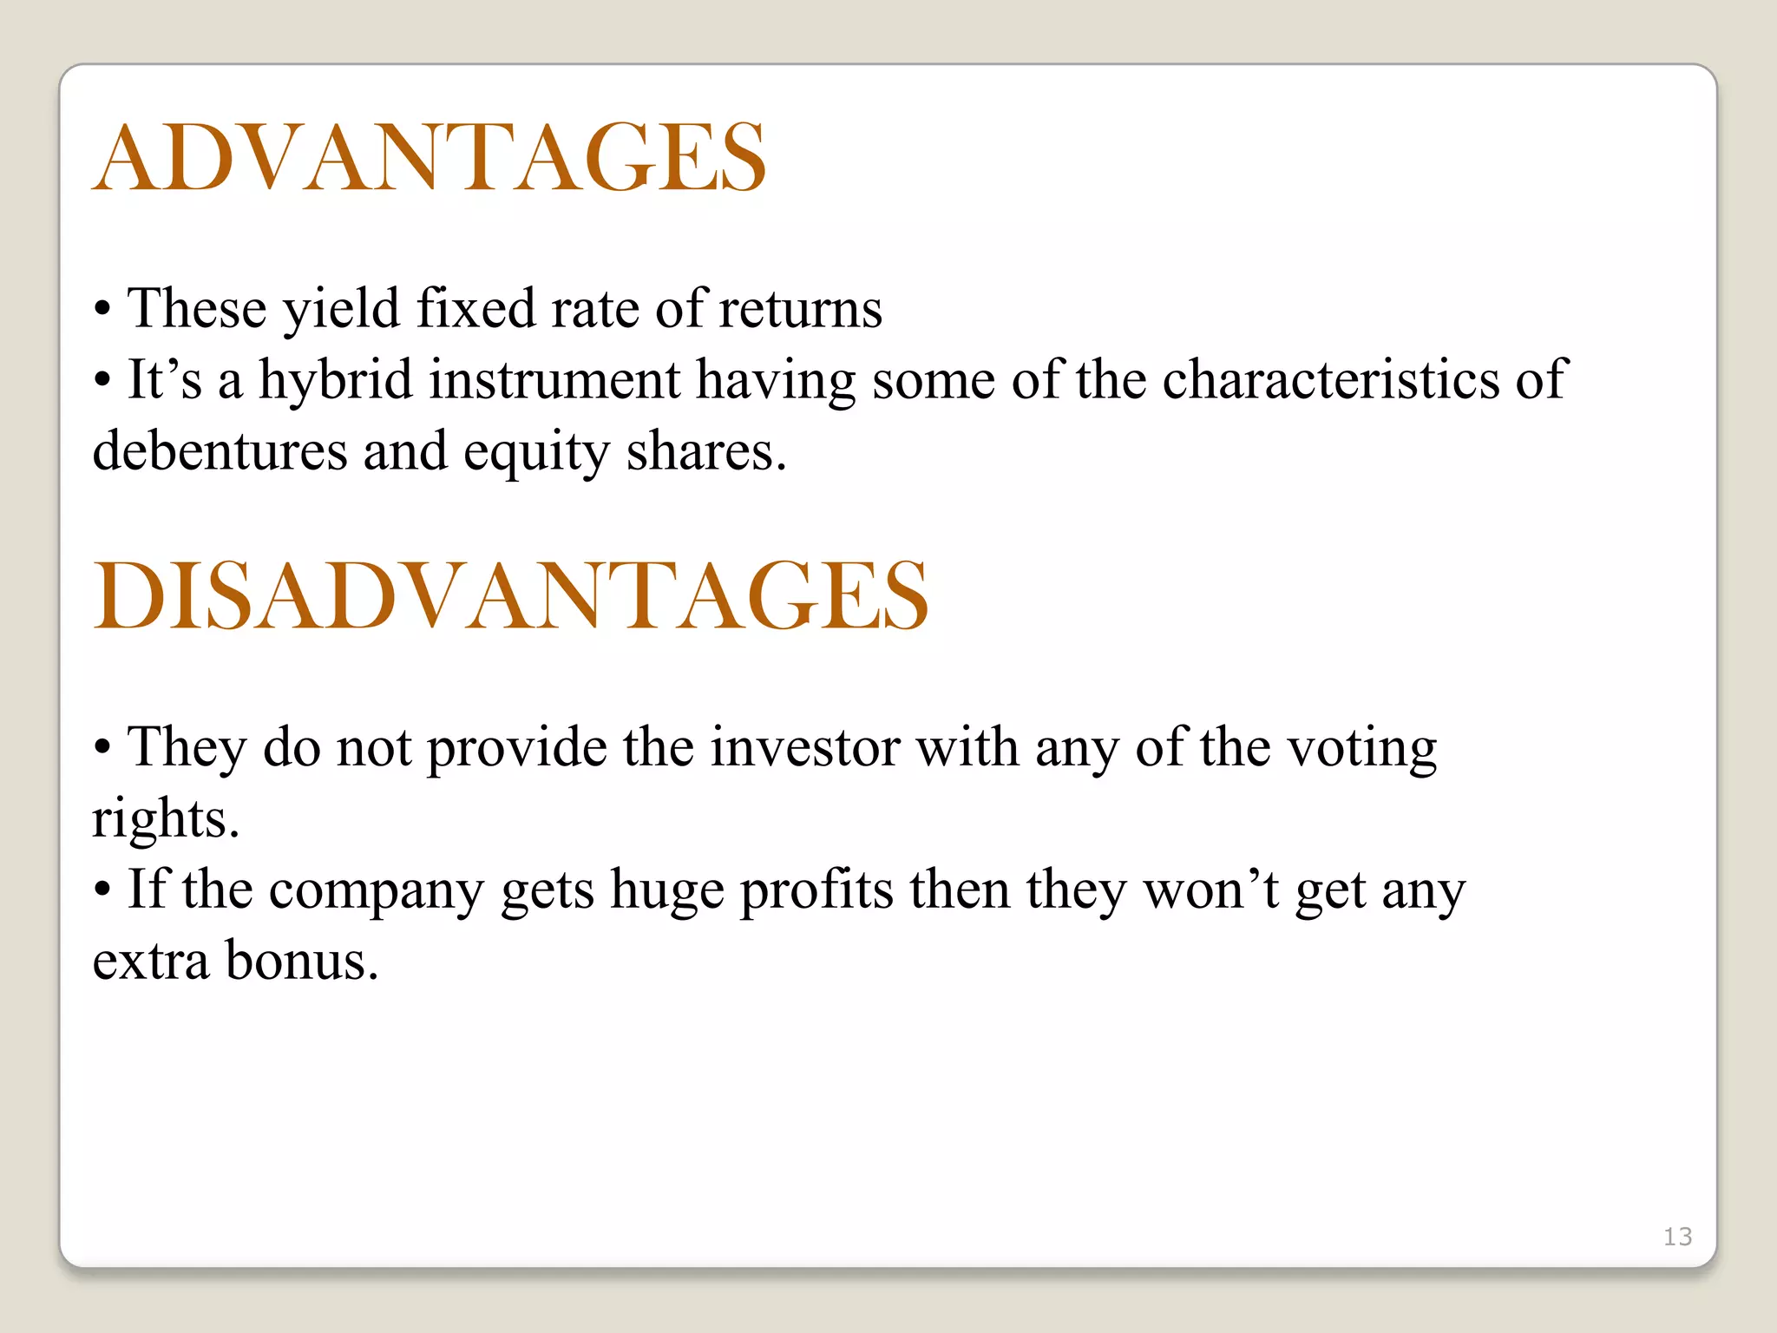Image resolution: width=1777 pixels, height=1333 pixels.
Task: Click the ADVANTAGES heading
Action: [429, 158]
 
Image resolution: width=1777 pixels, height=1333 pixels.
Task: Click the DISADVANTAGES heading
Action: [511, 596]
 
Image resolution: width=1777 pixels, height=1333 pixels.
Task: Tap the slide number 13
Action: [1677, 1237]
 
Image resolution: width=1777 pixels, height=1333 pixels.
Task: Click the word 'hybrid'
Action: [335, 382]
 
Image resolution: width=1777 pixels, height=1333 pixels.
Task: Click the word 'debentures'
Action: [220, 452]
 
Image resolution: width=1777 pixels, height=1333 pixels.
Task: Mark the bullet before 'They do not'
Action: [102, 749]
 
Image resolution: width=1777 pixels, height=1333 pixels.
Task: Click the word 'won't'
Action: [1211, 890]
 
